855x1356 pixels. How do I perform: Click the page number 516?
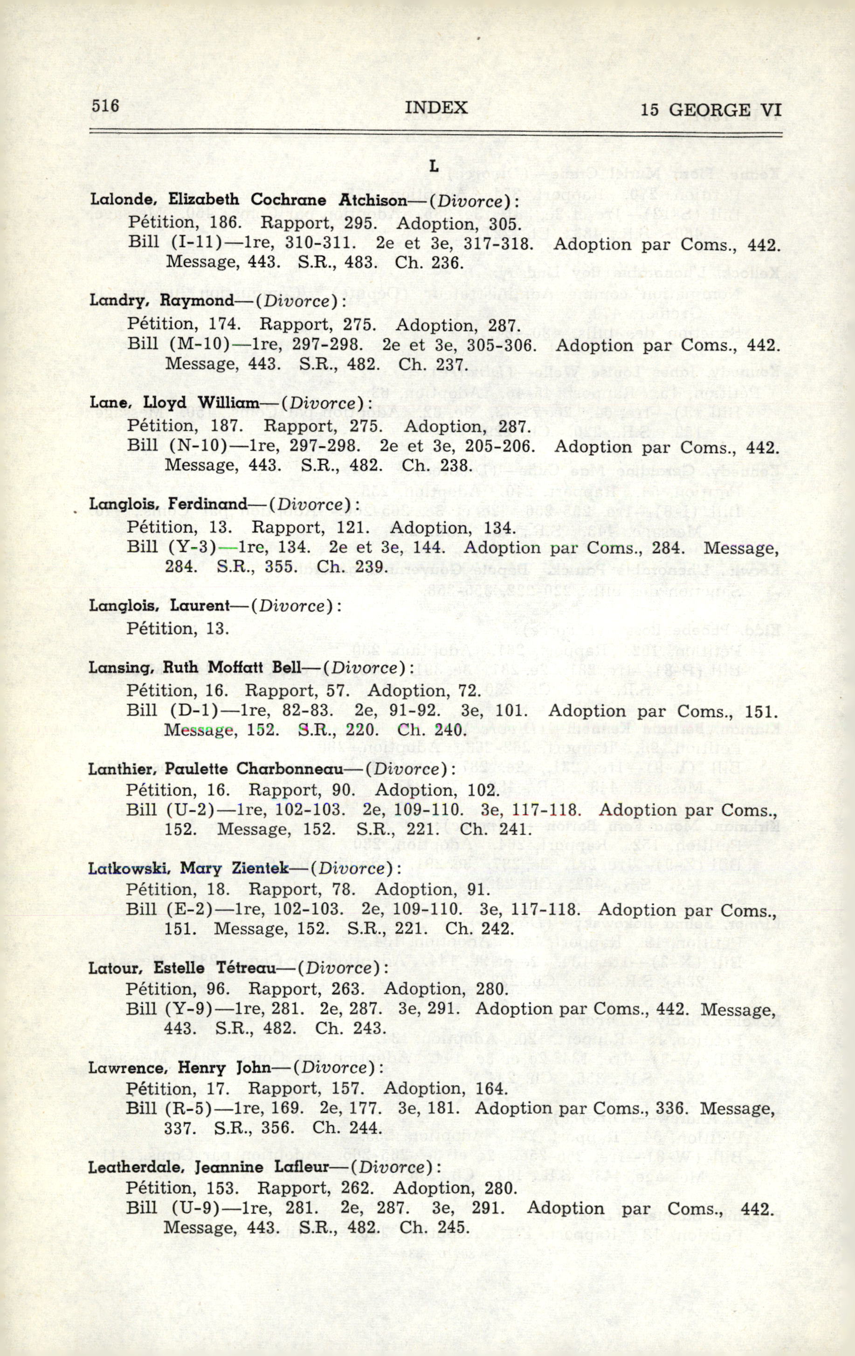point(105,106)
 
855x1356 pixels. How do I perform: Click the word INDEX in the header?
point(435,108)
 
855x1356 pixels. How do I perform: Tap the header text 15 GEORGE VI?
point(711,110)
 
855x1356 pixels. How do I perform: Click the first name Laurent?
point(200,606)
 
